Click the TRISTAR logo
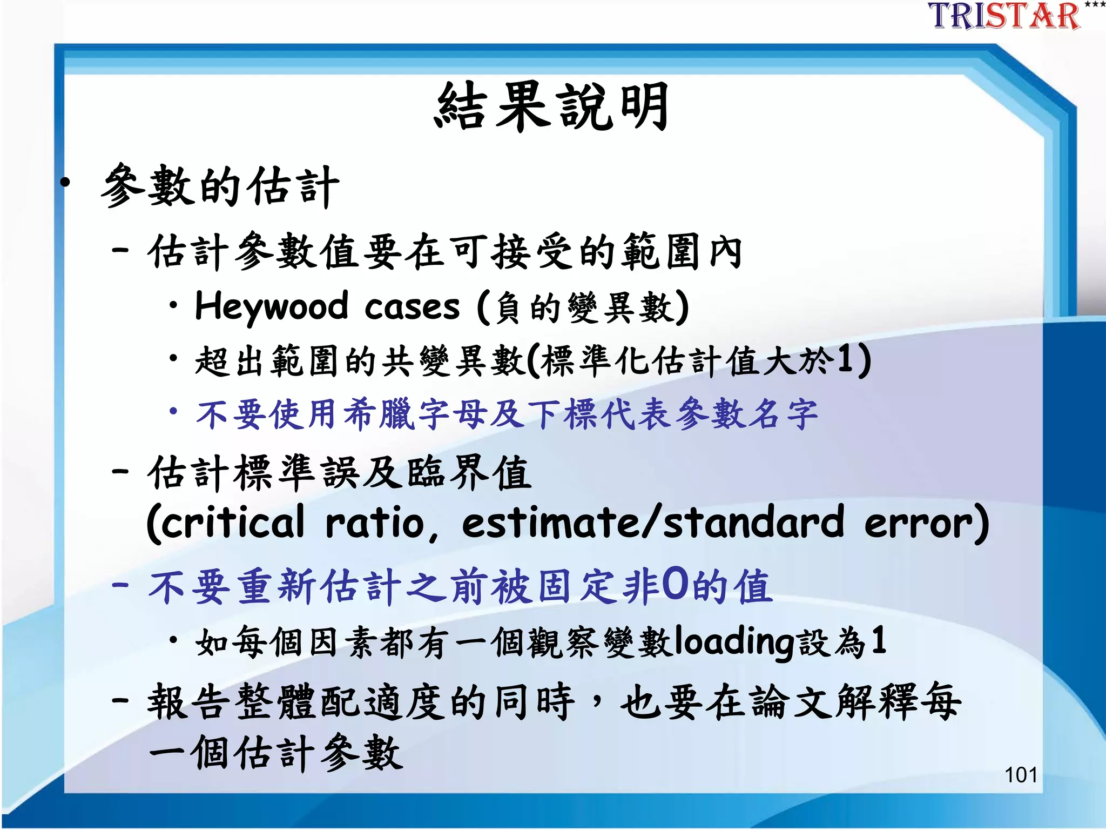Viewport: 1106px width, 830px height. tap(1004, 16)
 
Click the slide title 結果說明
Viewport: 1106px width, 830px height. tap(552, 106)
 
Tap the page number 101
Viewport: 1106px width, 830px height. tap(1020, 775)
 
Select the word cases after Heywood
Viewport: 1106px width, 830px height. tap(412, 307)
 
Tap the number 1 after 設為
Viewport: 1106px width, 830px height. tap(879, 641)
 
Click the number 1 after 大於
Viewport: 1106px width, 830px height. tap(846, 360)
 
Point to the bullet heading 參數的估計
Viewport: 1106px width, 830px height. tap(220, 186)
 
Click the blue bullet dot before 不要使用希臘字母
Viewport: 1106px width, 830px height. tap(173, 412)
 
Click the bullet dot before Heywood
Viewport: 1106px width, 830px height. tap(173, 305)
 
